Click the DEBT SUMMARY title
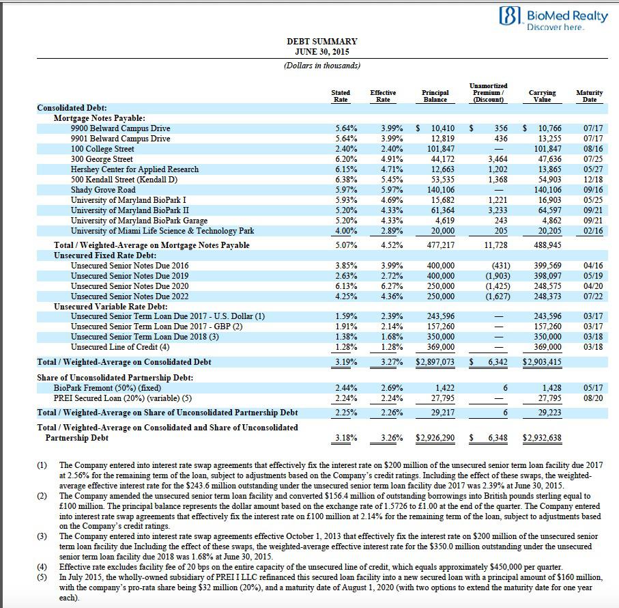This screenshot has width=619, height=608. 321,42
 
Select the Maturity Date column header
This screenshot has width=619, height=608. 589,96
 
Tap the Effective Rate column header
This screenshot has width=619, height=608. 383,96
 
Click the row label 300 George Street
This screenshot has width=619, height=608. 102,159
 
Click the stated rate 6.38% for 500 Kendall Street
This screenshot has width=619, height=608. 346,180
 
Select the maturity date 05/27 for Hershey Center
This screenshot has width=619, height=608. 592,169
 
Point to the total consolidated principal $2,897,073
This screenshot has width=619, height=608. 435,362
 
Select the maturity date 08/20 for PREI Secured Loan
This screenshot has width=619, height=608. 592,398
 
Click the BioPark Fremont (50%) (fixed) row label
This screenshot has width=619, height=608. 112,387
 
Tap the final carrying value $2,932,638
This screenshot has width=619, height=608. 542,438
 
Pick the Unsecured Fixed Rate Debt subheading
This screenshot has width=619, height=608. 105,255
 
